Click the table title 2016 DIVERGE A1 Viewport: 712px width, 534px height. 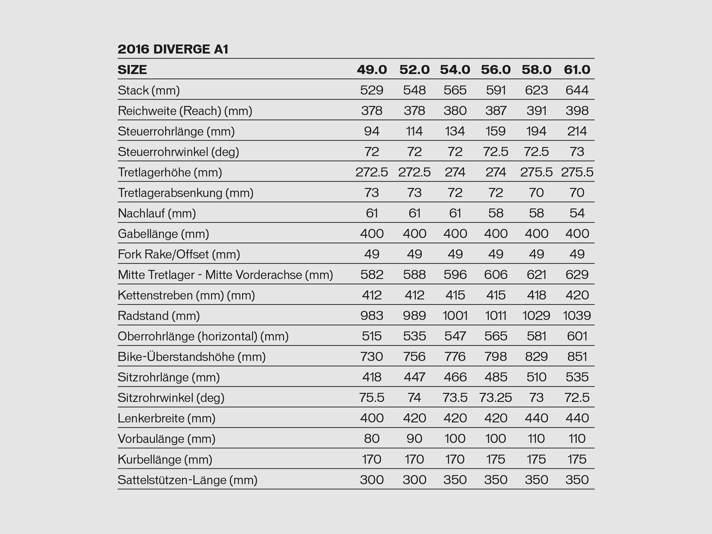173,49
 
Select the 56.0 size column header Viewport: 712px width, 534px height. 496,70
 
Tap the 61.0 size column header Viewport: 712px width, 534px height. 577,70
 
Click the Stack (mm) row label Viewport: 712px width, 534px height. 149,90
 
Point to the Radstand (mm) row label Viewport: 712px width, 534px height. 159,316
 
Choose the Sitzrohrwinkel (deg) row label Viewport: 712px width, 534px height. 171,398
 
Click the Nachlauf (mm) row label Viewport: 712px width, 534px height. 157,214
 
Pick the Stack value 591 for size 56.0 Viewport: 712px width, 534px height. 496,90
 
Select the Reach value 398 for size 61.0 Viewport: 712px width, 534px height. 577,111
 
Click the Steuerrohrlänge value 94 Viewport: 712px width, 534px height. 372,131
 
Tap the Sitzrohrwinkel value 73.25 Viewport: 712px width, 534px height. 496,398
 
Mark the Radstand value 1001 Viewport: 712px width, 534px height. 455,316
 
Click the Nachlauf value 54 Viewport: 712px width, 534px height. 577,214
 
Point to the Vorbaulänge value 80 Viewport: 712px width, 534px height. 372,439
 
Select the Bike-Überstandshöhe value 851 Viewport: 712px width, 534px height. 577,357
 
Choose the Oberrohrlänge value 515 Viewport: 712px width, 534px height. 372,336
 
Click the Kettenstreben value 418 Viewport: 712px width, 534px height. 536,295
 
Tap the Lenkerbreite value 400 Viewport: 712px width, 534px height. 372,418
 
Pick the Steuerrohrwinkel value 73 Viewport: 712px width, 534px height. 577,152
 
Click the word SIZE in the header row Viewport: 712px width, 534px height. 132,70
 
